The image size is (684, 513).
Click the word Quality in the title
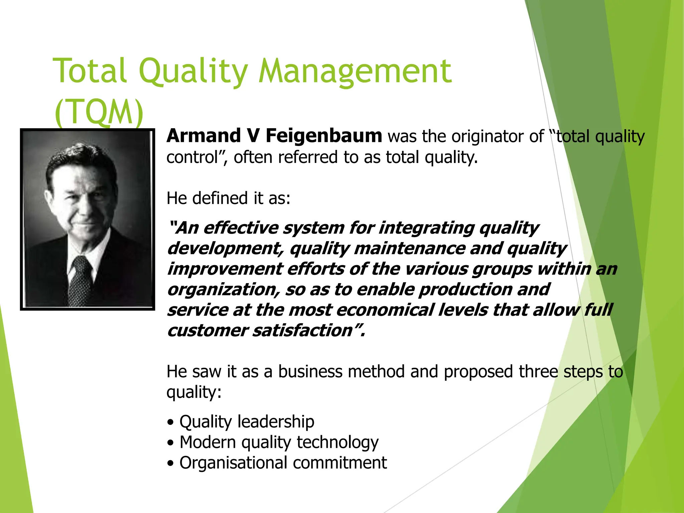(193, 71)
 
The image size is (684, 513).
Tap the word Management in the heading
(355, 71)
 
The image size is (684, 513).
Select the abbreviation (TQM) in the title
(99, 112)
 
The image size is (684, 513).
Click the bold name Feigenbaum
(324, 136)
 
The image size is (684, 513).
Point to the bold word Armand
(204, 136)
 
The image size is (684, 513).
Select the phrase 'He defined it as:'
(228, 198)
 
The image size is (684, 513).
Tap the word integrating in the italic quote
(426, 228)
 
